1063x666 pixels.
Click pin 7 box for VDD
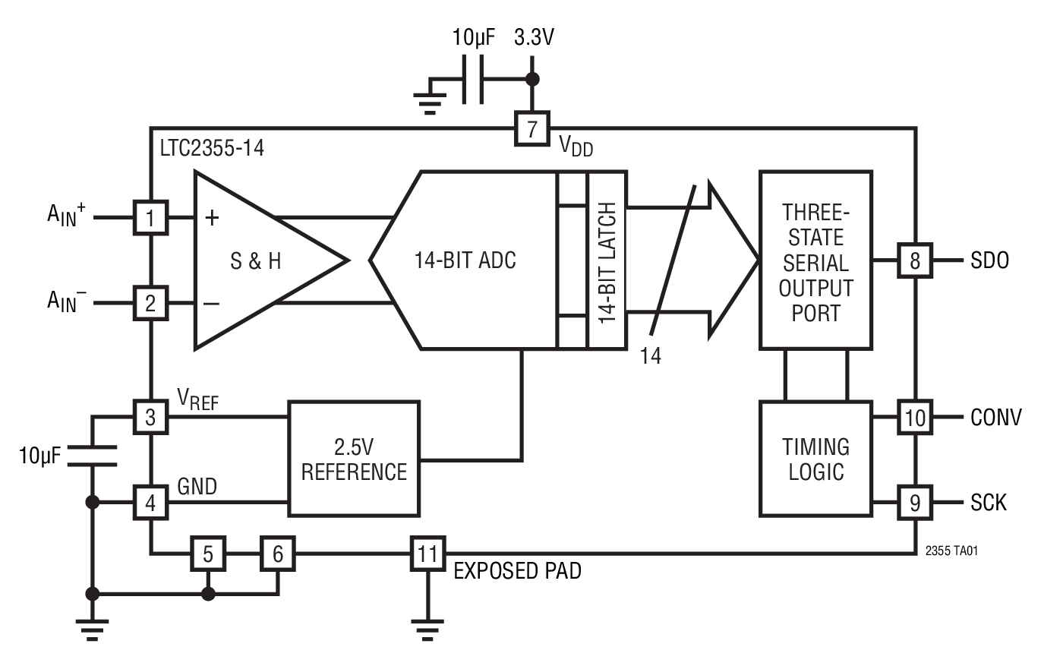[x=531, y=128]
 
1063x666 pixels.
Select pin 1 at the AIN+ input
[x=150, y=218]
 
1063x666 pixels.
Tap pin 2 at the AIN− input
[x=150, y=304]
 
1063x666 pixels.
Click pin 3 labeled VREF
[x=150, y=417]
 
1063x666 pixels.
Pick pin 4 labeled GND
[x=150, y=502]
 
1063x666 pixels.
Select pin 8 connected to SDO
[x=915, y=260]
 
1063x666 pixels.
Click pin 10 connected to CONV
[x=915, y=417]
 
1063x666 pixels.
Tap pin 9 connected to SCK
[x=915, y=502]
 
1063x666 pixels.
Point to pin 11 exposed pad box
[x=427, y=554]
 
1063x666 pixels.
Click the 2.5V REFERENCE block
[x=354, y=459]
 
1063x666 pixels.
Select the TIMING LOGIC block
[x=815, y=459]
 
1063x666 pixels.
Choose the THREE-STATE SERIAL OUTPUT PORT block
[x=815, y=260]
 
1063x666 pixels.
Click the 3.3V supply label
[x=534, y=38]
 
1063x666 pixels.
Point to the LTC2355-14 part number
[x=212, y=148]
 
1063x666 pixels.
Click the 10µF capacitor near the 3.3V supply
[x=474, y=79]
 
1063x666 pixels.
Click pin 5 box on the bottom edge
[x=208, y=554]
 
